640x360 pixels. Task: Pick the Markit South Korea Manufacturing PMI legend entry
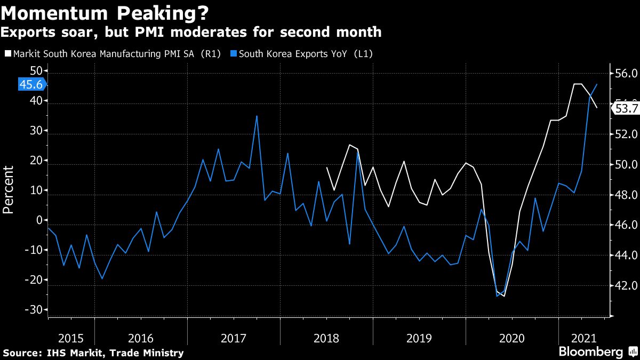[113, 54]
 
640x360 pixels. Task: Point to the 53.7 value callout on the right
[626, 109]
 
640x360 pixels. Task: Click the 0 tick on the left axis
[39, 220]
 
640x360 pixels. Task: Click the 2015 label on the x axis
[70, 338]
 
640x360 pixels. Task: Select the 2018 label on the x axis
[326, 338]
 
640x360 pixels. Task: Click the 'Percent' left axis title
[9, 190]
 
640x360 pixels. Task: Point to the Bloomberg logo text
[590, 352]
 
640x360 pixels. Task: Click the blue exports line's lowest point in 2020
[498, 296]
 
